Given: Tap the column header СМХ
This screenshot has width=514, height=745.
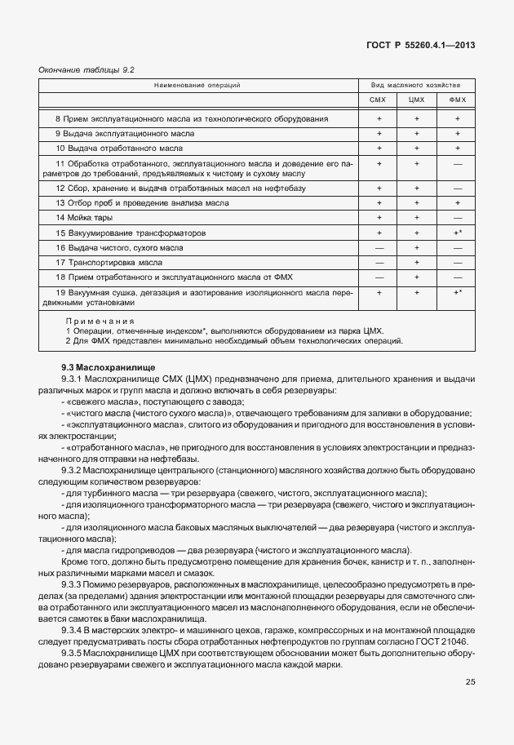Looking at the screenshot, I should click(378, 100).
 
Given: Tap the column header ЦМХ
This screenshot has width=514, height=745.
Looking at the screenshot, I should click(417, 100).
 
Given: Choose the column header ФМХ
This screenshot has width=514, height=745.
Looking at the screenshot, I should click(457, 100).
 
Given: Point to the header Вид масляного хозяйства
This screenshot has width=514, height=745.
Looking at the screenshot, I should click(417, 85).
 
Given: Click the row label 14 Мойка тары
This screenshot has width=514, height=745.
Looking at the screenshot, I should click(84, 217).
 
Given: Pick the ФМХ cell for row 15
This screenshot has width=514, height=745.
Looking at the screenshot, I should click(458, 233).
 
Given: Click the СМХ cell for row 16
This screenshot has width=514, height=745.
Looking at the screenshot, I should click(378, 247).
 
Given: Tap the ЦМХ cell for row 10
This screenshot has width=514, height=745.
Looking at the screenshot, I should click(417, 149).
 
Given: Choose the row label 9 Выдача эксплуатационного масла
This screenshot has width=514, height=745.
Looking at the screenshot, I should click(125, 133).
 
